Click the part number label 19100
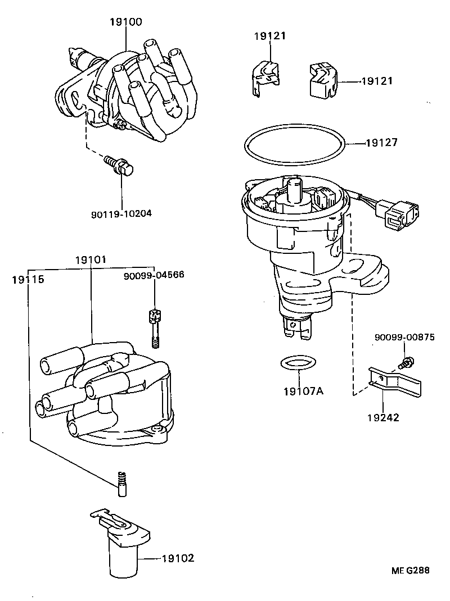coord(127,22)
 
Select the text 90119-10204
coord(121,213)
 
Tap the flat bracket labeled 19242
coord(393,383)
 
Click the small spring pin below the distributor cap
coord(122,484)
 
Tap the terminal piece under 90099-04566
coord(152,329)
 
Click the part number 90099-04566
coord(154,275)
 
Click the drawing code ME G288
coord(411,570)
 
